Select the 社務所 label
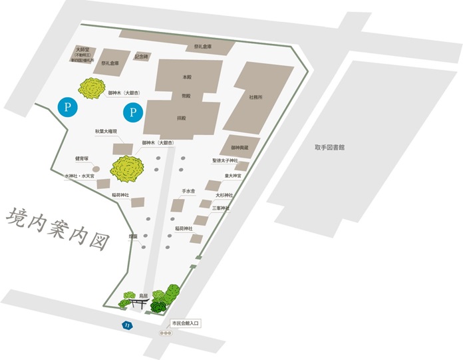tap(255, 97)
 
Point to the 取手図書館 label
tap(331, 148)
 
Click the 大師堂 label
tap(82, 49)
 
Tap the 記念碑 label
tap(142, 56)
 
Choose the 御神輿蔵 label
tap(239, 148)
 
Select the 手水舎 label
tap(188, 191)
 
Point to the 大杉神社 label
tap(225, 195)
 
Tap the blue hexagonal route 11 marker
tap(126, 325)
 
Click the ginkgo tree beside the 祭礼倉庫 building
tap(92, 88)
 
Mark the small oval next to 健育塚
tap(96, 169)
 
